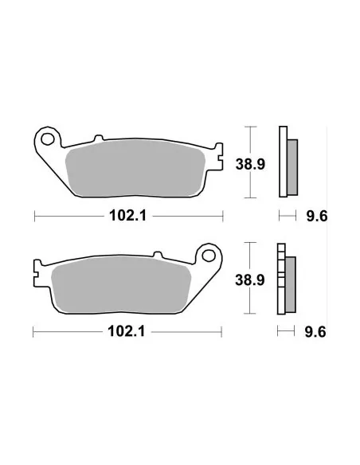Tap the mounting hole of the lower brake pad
pos(211,256)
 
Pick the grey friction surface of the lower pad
pos(119,286)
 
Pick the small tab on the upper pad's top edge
pos(97,139)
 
